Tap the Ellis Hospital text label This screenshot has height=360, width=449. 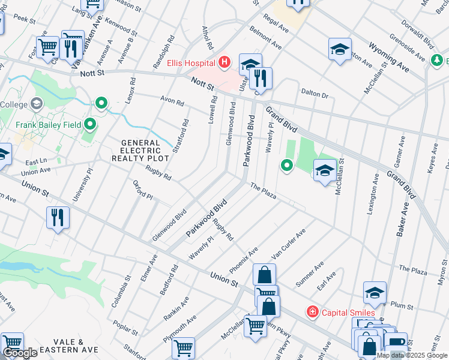click(192, 62)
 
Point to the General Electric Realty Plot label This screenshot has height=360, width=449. click(136, 151)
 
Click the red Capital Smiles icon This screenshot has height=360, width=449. click(312, 312)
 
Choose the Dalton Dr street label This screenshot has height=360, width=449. click(315, 94)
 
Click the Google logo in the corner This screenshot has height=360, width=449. click(20, 353)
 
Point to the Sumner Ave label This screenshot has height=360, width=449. click(310, 274)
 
